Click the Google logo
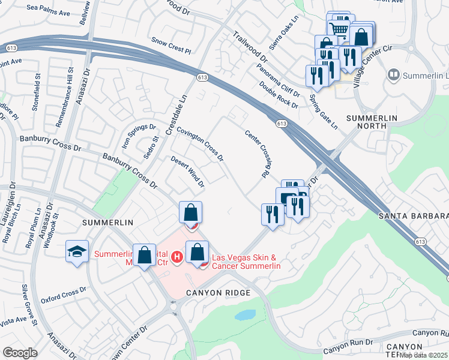click(x=20, y=353)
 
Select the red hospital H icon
click(x=176, y=257)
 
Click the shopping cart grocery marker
click(x=340, y=28)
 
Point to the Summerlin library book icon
click(x=394, y=75)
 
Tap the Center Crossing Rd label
click(x=256, y=154)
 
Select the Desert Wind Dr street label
click(x=188, y=170)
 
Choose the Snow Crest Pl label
click(x=170, y=43)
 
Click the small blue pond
click(x=245, y=315)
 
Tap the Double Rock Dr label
click(x=279, y=94)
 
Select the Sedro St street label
click(x=150, y=148)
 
